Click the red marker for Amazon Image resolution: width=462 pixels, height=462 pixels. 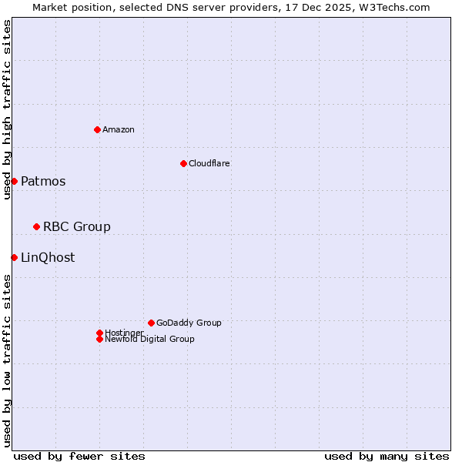coord(97,129)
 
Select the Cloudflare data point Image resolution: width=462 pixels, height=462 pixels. coord(183,163)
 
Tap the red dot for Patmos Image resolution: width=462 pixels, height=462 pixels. coord(14,181)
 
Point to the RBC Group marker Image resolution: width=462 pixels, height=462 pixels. coord(36,226)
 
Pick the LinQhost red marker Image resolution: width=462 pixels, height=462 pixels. coord(14,257)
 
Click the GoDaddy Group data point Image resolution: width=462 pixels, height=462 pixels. coord(151,323)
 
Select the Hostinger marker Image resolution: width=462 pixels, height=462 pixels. coord(99,333)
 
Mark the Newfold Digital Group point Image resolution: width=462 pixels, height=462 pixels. coord(99,339)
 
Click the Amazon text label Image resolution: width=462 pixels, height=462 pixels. coord(119,129)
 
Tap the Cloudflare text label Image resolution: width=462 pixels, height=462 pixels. coord(209,163)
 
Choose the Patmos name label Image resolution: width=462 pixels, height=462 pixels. coord(43,182)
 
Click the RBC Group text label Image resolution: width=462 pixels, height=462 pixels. coord(77,226)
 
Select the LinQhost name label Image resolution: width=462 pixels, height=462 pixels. coord(48,257)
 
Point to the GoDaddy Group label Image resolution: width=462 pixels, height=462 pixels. coord(189,323)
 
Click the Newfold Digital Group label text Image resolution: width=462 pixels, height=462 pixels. coord(149,339)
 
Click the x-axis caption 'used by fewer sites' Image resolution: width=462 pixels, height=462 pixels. coord(79,456)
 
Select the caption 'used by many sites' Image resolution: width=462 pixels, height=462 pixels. coord(387,456)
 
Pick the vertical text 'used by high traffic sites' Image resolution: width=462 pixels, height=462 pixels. coord(7,109)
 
